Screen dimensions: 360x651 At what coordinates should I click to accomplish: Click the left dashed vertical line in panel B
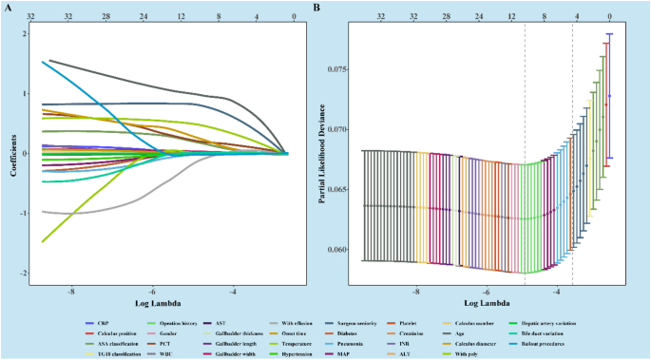[526, 152]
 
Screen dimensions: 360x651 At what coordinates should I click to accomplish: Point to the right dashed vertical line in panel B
[572, 152]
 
